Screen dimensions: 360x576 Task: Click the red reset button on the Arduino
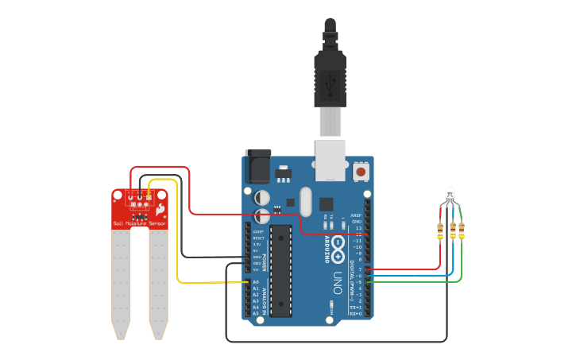[361, 171]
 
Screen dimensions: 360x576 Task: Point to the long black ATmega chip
[280, 270]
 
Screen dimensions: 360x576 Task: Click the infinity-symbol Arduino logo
[338, 247]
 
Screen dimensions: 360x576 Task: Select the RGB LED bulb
[450, 194]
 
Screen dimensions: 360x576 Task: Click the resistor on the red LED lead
[440, 230]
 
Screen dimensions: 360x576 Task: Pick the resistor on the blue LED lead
[453, 230]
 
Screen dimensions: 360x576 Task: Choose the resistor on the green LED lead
[462, 230]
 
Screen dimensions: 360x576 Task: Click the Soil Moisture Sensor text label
[140, 224]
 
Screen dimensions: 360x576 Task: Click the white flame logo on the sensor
[160, 210]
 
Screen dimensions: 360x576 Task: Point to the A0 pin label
[256, 282]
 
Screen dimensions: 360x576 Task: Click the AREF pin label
[357, 215]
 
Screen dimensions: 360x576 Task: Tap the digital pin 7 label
[359, 269]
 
